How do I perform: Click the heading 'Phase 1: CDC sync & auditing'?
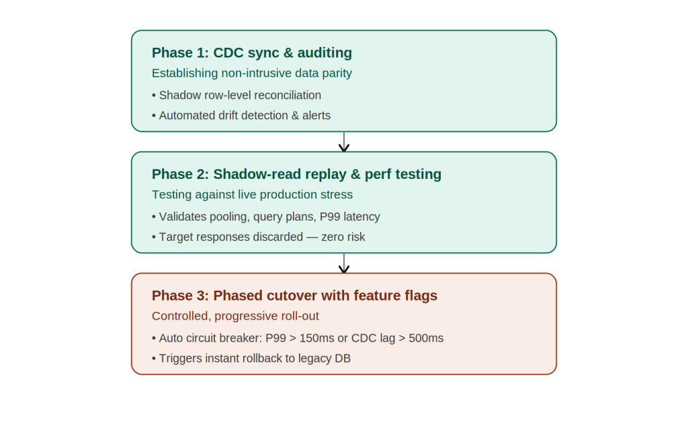click(252, 52)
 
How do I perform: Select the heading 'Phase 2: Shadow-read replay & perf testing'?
click(296, 174)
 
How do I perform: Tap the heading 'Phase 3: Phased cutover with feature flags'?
click(294, 295)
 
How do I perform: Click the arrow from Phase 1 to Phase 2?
click(344, 141)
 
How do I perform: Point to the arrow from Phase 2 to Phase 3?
click(344, 263)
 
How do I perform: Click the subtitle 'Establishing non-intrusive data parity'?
click(252, 73)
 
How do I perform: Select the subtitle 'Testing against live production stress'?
click(253, 194)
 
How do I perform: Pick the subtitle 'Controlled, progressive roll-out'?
click(235, 316)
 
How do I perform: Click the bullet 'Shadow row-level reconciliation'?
click(236, 95)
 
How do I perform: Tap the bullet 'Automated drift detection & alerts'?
click(241, 116)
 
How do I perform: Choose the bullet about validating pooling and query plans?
click(266, 217)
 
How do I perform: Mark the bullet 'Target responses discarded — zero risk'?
click(259, 237)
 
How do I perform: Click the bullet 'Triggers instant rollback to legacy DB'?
click(251, 358)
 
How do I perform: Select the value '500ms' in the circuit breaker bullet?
click(426, 338)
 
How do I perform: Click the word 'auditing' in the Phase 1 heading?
click(325, 52)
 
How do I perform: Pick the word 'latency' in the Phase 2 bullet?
click(362, 217)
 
